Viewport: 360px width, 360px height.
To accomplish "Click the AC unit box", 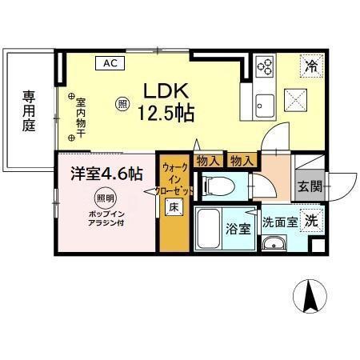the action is pos(110,63).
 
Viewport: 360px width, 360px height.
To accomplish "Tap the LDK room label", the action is pos(166,91).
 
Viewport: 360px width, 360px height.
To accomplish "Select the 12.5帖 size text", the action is pos(166,113).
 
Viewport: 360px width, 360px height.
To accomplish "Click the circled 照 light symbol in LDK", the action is pos(122,104).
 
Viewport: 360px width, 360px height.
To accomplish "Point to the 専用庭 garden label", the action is pos(29,111).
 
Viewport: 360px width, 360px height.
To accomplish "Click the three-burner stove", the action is pos(265,65).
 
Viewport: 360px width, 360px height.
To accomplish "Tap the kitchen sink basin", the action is pos(265,106).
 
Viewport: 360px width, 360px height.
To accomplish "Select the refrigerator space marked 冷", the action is pos(312,66).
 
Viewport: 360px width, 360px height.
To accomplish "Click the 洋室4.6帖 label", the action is pos(106,174).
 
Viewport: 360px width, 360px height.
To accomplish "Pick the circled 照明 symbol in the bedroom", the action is pos(106,198).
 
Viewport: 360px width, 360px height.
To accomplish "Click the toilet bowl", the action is pos(218,186).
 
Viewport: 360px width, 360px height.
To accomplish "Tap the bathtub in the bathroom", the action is pos(208,229).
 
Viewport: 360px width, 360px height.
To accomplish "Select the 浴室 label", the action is pos(238,229).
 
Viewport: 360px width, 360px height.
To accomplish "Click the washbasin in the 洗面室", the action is pos(274,244).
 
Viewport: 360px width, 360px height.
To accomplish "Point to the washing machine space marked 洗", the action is pos(312,221).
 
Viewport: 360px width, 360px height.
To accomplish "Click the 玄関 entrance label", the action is pos(310,186).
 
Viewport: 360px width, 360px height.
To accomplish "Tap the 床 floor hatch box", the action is pos(174,207).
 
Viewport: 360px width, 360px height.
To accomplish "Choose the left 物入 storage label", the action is pos(208,161).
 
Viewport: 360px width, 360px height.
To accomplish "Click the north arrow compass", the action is pos(310,296).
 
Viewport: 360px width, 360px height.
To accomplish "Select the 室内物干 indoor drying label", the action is pos(81,118).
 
